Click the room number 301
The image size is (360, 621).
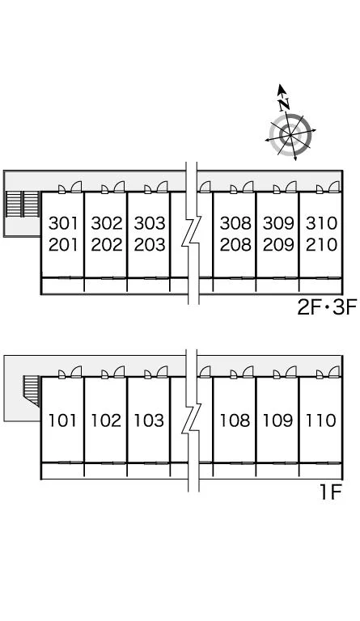[63, 224]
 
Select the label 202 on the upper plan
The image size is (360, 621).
[107, 245]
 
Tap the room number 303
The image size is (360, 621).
[150, 224]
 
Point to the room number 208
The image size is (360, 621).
[235, 245]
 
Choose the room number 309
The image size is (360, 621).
[278, 224]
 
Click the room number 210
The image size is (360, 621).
[321, 245]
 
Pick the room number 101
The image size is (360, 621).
[62, 420]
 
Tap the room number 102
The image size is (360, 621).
[106, 420]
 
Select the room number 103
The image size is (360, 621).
[149, 420]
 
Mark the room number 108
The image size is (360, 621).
[235, 420]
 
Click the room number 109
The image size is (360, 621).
[277, 420]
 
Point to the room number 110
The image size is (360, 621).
[320, 420]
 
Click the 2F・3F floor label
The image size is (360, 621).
[327, 307]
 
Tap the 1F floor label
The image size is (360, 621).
[330, 493]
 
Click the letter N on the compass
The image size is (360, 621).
[284, 104]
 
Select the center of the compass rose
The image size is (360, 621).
[290, 136]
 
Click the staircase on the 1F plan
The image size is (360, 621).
[32, 391]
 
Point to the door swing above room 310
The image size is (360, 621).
[335, 187]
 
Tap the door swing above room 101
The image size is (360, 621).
[76, 372]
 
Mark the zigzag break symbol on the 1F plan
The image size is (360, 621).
[192, 420]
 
